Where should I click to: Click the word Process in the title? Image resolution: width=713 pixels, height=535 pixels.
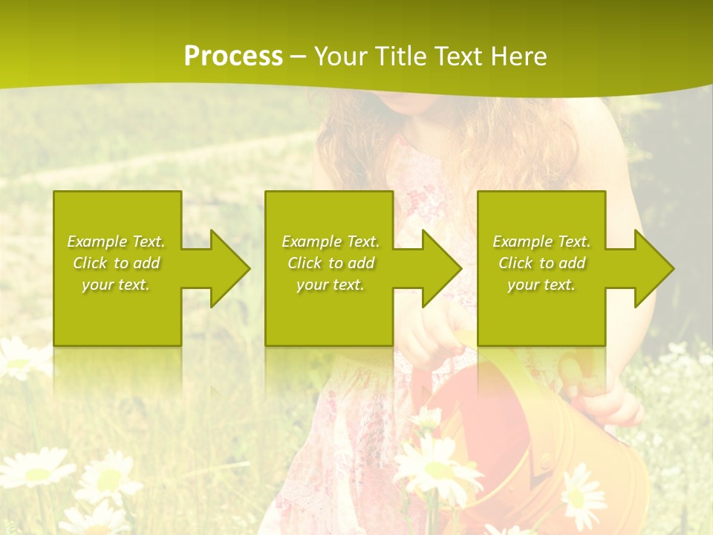(x=233, y=56)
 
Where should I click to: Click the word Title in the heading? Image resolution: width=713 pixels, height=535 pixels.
(x=400, y=56)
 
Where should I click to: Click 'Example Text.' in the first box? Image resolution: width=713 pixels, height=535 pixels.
(x=116, y=241)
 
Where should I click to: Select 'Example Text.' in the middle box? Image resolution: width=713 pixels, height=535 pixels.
(x=331, y=241)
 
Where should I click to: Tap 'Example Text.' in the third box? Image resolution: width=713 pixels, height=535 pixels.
(x=541, y=241)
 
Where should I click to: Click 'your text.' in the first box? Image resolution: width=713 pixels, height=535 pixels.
(x=116, y=285)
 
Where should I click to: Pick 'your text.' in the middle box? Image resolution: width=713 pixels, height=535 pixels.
(x=331, y=285)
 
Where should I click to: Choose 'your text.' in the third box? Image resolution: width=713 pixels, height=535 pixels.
(x=541, y=285)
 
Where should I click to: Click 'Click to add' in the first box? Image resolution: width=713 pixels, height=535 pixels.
(x=116, y=263)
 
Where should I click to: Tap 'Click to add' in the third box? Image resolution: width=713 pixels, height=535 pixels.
(x=541, y=263)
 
